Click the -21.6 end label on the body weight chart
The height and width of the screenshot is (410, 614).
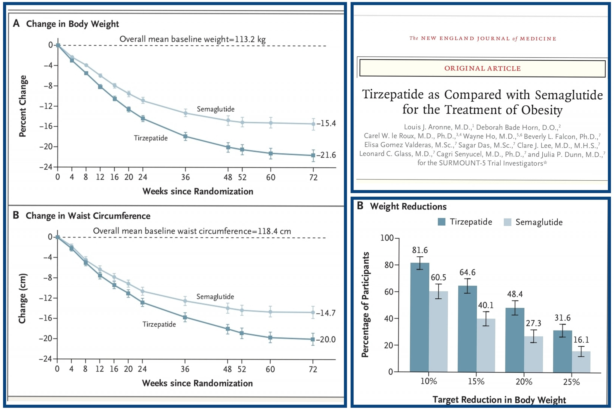point(326,155)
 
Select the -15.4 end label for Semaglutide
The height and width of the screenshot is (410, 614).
point(326,123)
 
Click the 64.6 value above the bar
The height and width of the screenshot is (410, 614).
point(467,272)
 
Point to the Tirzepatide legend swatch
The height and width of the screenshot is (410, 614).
point(442,222)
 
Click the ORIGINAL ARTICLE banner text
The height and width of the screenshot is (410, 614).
point(482,68)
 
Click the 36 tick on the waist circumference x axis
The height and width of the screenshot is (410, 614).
point(185,369)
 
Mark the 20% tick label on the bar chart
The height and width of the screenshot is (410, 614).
point(524,382)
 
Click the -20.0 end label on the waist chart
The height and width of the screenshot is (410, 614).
point(326,339)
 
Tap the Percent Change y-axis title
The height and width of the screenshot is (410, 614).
point(23,106)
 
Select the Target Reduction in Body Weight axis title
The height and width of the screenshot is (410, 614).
point(499,400)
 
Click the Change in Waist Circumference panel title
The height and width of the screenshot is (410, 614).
point(88,216)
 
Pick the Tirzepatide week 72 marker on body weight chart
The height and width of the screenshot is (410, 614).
point(313,155)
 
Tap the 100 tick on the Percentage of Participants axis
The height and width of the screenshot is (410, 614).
point(387,238)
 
